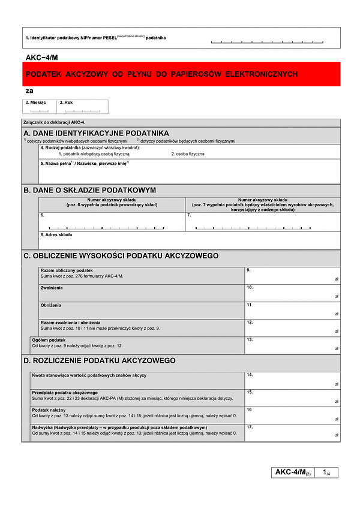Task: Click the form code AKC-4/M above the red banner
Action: pyautogui.click(x=42, y=57)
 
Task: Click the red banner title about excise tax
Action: pyautogui.click(x=161, y=74)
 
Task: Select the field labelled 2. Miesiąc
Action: pyautogui.click(x=39, y=107)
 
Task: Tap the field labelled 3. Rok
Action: pyautogui.click(x=83, y=107)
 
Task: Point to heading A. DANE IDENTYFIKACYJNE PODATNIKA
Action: pyautogui.click(x=96, y=132)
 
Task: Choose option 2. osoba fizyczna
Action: pyautogui.click(x=188, y=154)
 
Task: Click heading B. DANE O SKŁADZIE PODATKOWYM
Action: pyautogui.click(x=89, y=190)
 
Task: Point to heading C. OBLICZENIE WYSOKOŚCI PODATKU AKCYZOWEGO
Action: pyautogui.click(x=121, y=256)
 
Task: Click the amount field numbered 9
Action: pyautogui.click(x=292, y=275)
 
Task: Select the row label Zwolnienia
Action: pyautogui.click(x=52, y=288)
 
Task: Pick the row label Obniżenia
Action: pyautogui.click(x=51, y=305)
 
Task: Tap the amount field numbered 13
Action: pyautogui.click(x=292, y=344)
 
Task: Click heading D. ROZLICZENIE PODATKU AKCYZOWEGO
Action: pyautogui.click(x=99, y=361)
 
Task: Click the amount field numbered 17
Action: pyautogui.click(x=292, y=432)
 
